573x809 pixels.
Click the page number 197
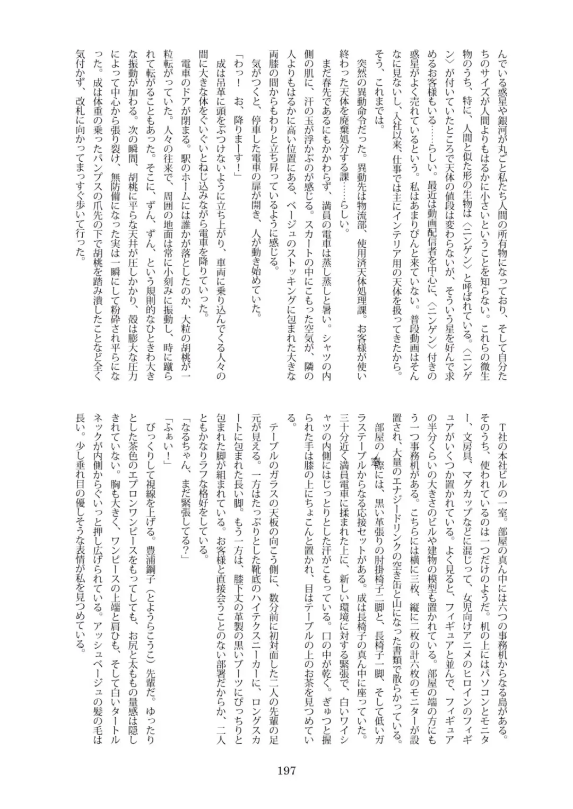(x=286, y=770)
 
